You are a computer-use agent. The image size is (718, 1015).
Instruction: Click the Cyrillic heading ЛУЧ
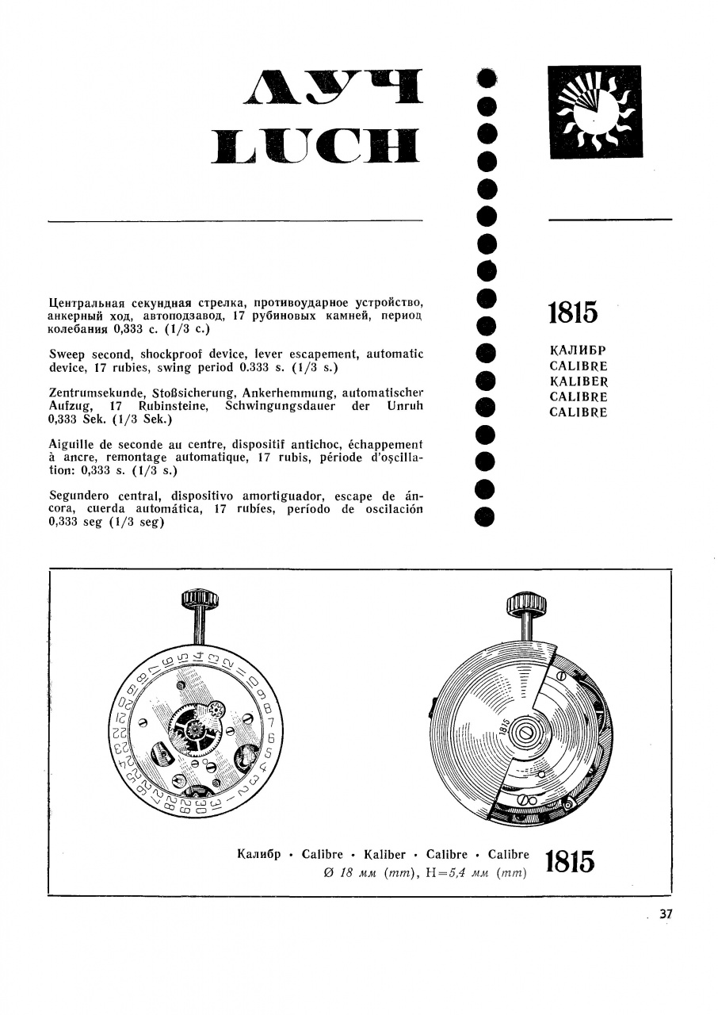(x=335, y=89)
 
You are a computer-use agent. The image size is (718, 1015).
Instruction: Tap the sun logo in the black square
(x=594, y=112)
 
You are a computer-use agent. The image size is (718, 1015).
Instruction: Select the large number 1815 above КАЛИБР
(x=573, y=312)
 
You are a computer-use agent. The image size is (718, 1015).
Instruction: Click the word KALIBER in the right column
(x=579, y=381)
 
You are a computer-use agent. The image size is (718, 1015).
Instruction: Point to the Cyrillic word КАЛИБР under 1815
(x=578, y=350)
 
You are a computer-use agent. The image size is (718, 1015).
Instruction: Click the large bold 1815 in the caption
(x=571, y=863)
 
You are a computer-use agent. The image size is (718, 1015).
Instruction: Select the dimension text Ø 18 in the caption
(x=333, y=873)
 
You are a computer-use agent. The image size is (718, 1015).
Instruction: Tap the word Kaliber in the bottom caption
(x=384, y=855)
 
